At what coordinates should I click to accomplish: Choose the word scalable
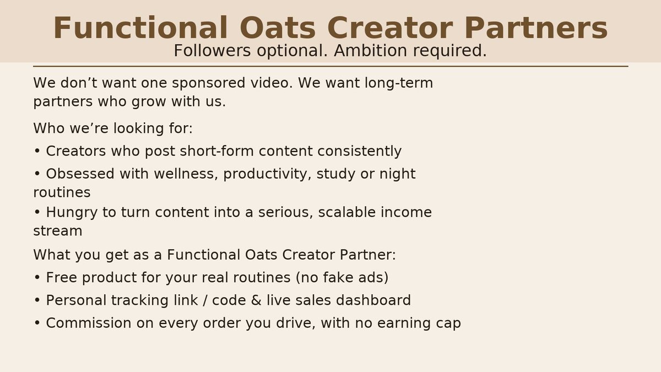[x=349, y=212]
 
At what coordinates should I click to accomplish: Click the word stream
[x=58, y=231]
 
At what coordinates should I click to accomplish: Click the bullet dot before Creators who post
[x=37, y=152]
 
